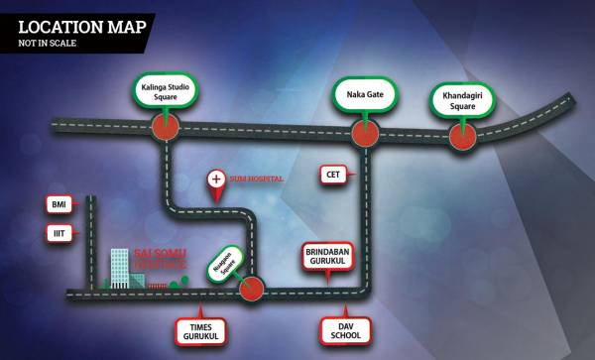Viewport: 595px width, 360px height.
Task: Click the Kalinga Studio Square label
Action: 166,92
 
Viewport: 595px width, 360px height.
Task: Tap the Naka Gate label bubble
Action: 365,96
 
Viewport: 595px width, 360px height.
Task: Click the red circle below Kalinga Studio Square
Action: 166,126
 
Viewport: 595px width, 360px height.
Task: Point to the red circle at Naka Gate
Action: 365,130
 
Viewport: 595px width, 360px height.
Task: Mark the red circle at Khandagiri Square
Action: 461,136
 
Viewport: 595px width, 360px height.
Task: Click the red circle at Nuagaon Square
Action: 252,289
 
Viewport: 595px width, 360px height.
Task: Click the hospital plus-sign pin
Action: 216,180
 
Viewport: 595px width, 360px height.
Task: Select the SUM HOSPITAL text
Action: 257,180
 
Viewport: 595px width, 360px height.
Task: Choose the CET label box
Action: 333,175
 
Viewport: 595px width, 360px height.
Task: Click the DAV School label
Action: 346,331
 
